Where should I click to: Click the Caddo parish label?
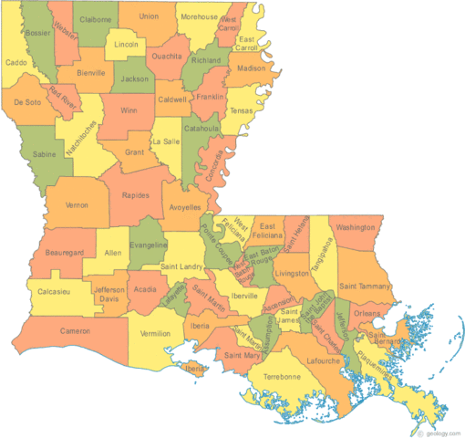[16, 63]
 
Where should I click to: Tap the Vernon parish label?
[77, 205]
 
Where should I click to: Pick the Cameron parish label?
[77, 330]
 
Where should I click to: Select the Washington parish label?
[356, 226]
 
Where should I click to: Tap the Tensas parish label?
[242, 110]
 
